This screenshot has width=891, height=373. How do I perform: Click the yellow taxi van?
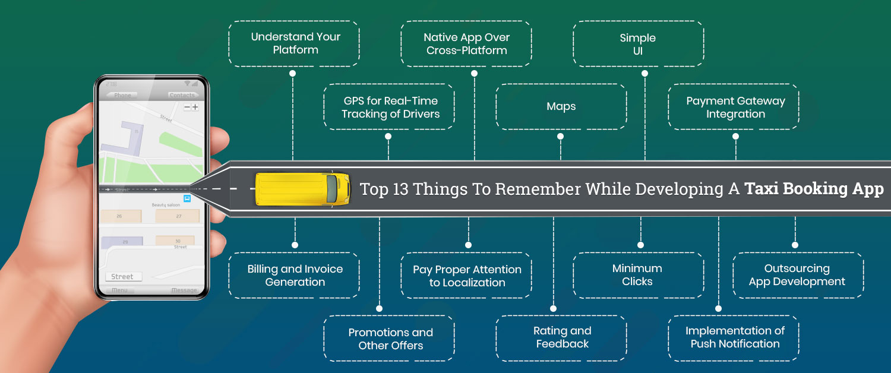tap(302, 189)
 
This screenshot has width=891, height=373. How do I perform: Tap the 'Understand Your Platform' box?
tap(294, 43)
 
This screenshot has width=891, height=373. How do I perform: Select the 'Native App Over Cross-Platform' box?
tap(466, 44)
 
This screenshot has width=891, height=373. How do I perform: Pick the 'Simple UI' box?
tap(638, 44)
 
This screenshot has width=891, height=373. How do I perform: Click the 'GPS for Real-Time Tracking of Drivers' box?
tap(390, 108)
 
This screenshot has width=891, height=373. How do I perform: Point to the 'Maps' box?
tap(561, 107)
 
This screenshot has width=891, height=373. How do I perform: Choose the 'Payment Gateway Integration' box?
tap(735, 108)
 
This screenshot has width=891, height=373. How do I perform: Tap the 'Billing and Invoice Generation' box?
tap(294, 276)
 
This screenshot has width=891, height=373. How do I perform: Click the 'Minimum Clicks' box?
tap(638, 275)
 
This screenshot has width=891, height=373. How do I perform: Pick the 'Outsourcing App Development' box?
tap(797, 275)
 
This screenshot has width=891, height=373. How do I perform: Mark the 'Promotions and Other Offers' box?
tap(390, 339)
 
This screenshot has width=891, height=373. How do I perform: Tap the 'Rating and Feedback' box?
tap(561, 337)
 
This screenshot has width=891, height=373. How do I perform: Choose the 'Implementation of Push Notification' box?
tap(735, 337)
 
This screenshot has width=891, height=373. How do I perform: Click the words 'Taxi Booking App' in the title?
tap(814, 189)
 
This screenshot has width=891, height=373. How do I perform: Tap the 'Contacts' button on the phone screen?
tap(182, 95)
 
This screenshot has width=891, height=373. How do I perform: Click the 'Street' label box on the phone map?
tap(123, 277)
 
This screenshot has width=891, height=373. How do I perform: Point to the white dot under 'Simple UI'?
tap(644, 74)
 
